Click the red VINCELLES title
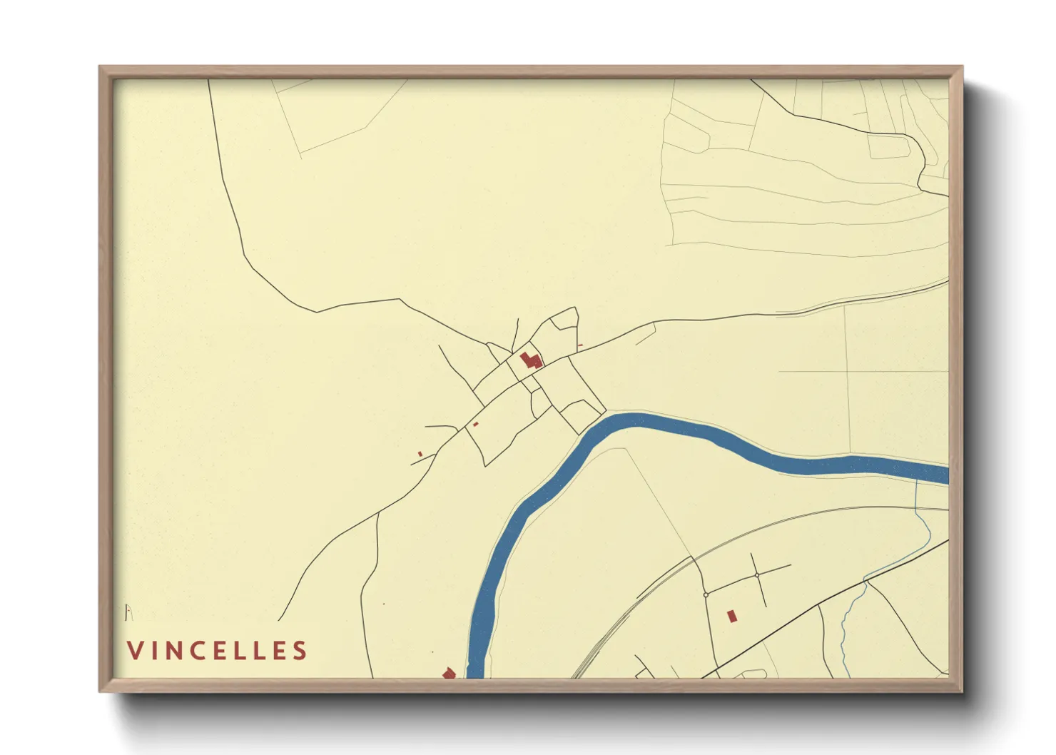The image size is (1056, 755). (217, 651)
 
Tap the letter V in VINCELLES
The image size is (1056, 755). (134, 651)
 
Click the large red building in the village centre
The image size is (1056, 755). (530, 360)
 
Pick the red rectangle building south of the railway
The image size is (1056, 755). (731, 616)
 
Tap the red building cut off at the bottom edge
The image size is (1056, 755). (449, 673)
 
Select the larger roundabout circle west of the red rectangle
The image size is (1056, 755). (706, 594)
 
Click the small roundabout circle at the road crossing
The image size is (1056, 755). (756, 575)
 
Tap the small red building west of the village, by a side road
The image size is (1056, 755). (420, 454)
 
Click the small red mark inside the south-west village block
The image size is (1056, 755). (475, 424)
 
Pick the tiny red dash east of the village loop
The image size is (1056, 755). (580, 346)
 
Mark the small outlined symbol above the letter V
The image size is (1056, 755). (128, 612)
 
